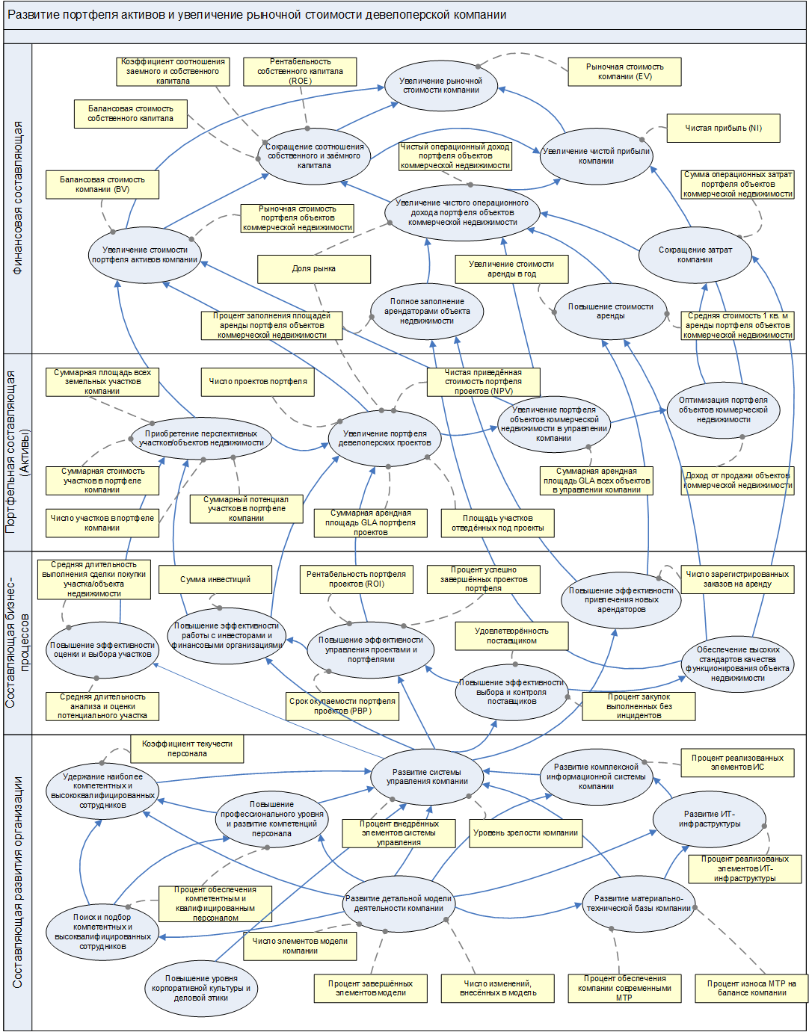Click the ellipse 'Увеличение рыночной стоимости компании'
point(441,86)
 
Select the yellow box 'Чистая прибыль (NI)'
point(723,128)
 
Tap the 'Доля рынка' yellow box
point(314,269)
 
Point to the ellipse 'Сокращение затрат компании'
point(695,255)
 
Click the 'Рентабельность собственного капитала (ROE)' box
point(300,72)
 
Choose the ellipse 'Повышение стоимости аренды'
point(610,311)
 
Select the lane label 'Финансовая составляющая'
point(18,198)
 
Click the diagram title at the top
point(256,15)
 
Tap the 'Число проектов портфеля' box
point(258,382)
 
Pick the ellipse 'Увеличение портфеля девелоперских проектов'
point(385,438)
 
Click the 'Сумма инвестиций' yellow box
point(215,580)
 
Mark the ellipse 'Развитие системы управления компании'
point(427,776)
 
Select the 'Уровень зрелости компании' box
point(526,833)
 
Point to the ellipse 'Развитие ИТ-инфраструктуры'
point(710,819)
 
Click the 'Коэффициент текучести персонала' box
point(187,749)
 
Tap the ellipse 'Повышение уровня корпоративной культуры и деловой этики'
point(201,988)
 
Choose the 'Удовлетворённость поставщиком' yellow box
point(511,636)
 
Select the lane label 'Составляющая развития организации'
point(18,882)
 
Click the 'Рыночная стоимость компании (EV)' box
point(624,72)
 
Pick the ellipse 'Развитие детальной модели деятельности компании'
point(399,903)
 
